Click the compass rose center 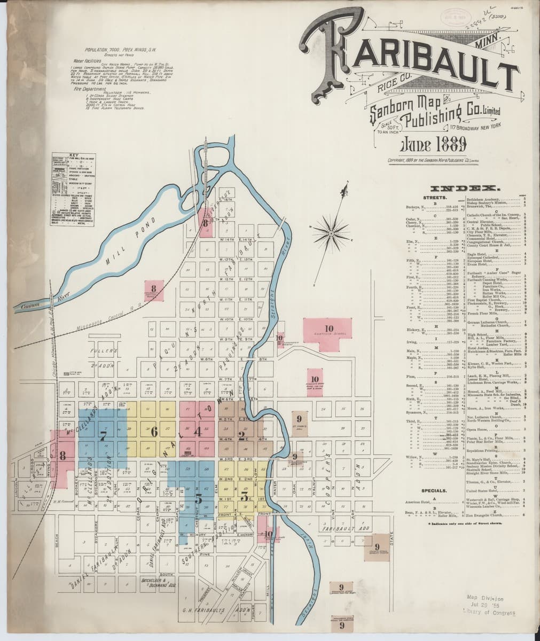pos(331,231)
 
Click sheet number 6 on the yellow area pos(154,432)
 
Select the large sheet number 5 pos(199,499)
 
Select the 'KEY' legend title pos(66,155)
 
